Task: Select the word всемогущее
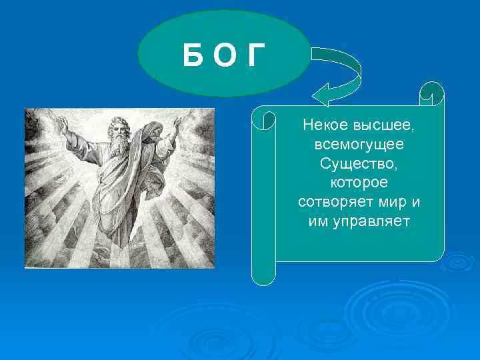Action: (359, 144)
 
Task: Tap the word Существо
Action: (359, 163)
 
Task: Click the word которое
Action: (359, 182)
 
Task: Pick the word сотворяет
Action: (332, 201)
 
